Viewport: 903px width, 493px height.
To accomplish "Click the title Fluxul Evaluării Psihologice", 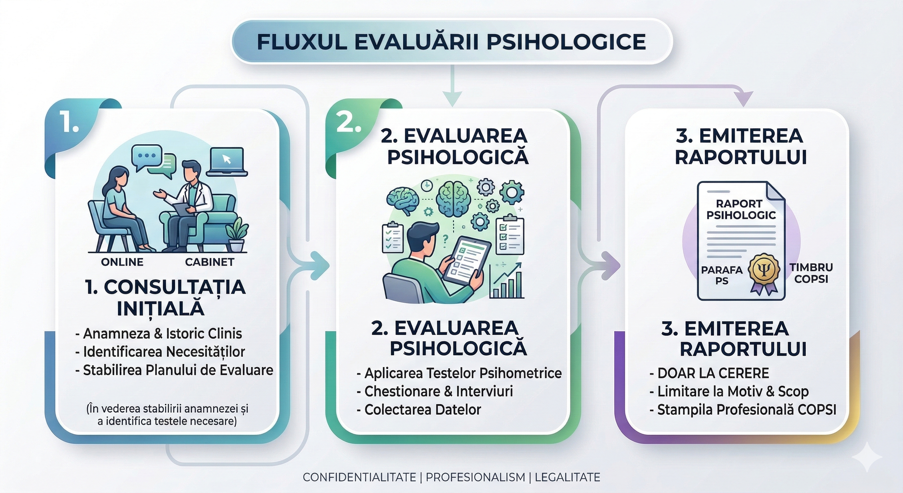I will (451, 42).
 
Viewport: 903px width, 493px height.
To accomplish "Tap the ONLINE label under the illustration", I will (122, 262).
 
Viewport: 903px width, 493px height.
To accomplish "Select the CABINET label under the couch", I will (209, 262).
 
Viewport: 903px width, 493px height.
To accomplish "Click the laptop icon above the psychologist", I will (227, 162).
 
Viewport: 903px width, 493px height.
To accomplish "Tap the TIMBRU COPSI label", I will (811, 273).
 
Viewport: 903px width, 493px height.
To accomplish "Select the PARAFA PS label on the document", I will (722, 275).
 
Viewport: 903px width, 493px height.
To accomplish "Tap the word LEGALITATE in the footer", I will (567, 477).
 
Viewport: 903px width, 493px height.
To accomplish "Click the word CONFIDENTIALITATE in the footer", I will (359, 477).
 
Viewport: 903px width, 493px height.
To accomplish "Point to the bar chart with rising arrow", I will (507, 282).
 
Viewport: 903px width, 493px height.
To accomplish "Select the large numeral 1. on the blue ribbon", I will (70, 122).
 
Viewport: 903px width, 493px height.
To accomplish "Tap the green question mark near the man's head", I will (445, 238).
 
